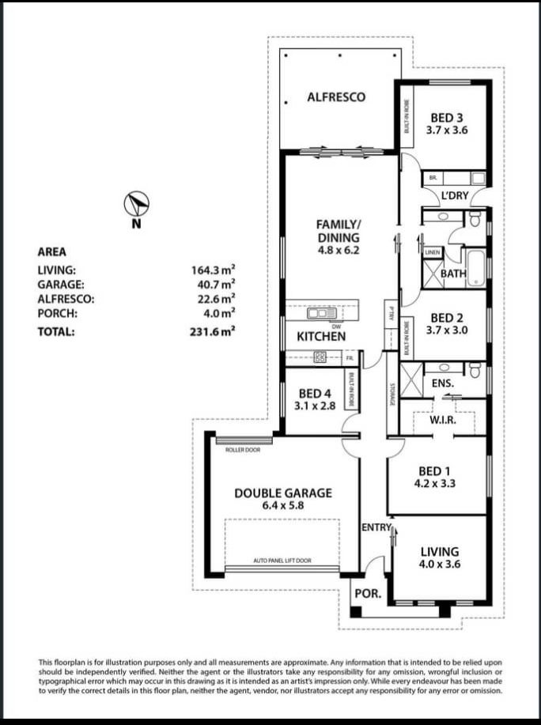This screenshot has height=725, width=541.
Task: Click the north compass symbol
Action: coord(137,205)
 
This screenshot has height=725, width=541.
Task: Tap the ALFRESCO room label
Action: coord(336,97)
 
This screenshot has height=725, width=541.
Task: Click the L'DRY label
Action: coord(455,194)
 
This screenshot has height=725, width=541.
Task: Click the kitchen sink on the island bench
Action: coord(322,314)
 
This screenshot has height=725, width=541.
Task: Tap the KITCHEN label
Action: coord(321,336)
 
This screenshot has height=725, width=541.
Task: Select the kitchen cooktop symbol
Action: coord(321,357)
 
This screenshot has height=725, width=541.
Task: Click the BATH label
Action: coord(453,274)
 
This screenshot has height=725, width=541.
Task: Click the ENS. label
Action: coord(443,383)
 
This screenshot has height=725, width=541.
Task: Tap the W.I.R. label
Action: coord(442,420)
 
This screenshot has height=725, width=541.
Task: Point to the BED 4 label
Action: coord(315,393)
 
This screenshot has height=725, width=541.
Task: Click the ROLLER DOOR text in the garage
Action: coord(242,449)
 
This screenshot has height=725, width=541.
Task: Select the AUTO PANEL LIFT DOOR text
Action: coord(282,561)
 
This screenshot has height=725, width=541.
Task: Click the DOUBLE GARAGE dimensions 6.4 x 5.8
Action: coord(282,506)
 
